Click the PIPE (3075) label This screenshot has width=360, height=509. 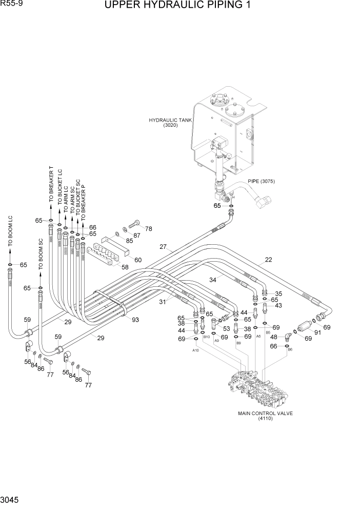click(x=262, y=181)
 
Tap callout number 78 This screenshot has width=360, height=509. click(x=148, y=228)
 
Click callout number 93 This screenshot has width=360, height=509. click(x=135, y=320)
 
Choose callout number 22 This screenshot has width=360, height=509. click(x=268, y=260)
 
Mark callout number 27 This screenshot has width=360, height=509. click(x=163, y=247)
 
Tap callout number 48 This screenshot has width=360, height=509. click(x=273, y=337)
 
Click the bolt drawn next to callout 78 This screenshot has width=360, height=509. click(x=134, y=224)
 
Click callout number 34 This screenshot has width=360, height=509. click(x=212, y=279)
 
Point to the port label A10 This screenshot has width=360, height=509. click(x=195, y=350)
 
